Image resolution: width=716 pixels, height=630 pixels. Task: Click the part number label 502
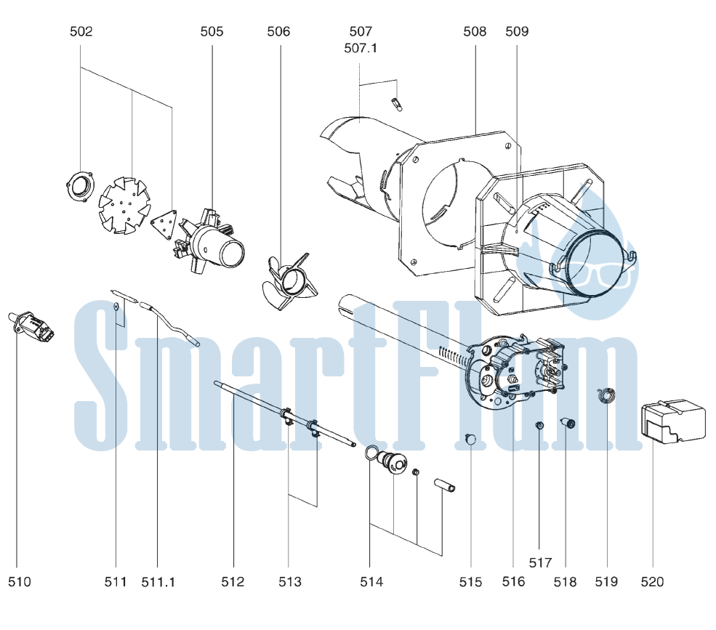(x=81, y=31)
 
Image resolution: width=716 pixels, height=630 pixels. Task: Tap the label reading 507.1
(x=361, y=48)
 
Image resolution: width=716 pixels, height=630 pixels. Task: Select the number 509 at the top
(x=517, y=31)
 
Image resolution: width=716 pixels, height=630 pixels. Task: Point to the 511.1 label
(x=158, y=582)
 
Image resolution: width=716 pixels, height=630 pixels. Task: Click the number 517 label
(x=541, y=563)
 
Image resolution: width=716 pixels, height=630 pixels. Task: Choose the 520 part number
(x=652, y=582)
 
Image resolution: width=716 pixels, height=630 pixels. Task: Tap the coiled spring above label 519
(x=607, y=395)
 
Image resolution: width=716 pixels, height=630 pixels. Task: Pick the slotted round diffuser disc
(x=124, y=206)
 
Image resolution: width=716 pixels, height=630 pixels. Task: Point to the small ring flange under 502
(x=81, y=185)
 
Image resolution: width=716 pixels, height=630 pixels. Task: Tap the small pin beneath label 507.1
(x=398, y=104)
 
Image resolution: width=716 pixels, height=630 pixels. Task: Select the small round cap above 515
(x=470, y=439)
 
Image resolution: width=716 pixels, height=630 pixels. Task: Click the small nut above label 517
(x=539, y=426)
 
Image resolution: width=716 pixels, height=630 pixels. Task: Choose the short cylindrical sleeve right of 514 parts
(x=444, y=485)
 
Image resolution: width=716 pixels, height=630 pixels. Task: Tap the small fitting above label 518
(x=568, y=423)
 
